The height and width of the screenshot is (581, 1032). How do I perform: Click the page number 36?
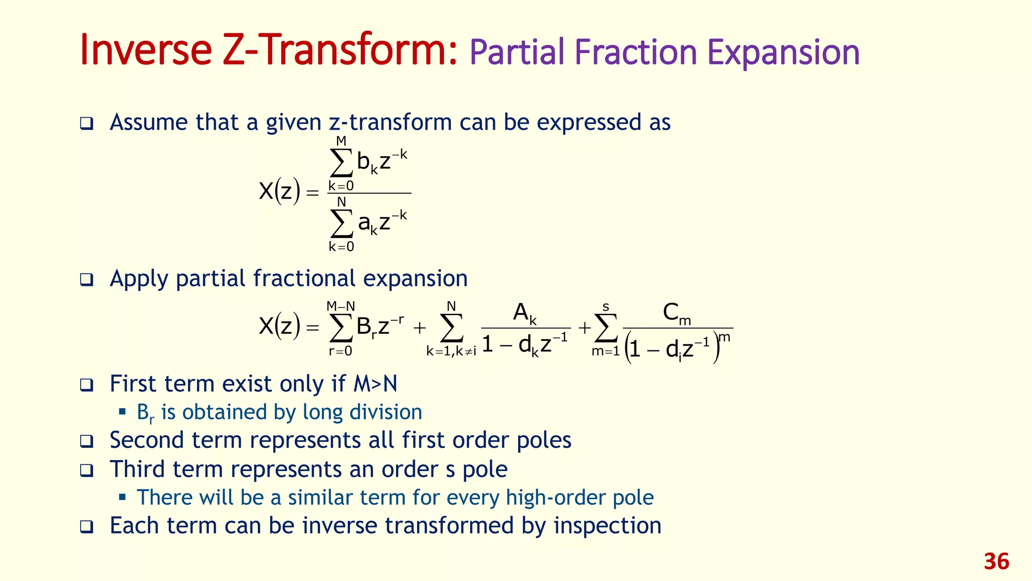click(x=996, y=562)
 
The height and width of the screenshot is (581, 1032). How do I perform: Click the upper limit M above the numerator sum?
click(x=341, y=141)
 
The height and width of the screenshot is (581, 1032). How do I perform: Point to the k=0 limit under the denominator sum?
click(x=341, y=247)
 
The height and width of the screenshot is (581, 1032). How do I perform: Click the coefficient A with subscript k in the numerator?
click(x=525, y=314)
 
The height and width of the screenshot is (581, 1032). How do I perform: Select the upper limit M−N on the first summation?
click(x=341, y=306)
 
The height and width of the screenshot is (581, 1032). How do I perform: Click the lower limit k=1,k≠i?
click(x=451, y=352)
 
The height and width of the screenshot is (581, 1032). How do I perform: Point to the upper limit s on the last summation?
click(x=606, y=307)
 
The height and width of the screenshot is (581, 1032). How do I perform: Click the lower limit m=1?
click(x=605, y=352)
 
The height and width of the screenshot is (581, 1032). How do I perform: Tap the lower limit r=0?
click(x=341, y=352)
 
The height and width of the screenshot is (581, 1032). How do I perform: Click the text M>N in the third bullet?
click(x=375, y=384)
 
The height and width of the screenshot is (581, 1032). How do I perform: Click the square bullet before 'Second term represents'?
click(x=87, y=441)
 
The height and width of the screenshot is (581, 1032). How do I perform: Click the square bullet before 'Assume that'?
click(x=87, y=124)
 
